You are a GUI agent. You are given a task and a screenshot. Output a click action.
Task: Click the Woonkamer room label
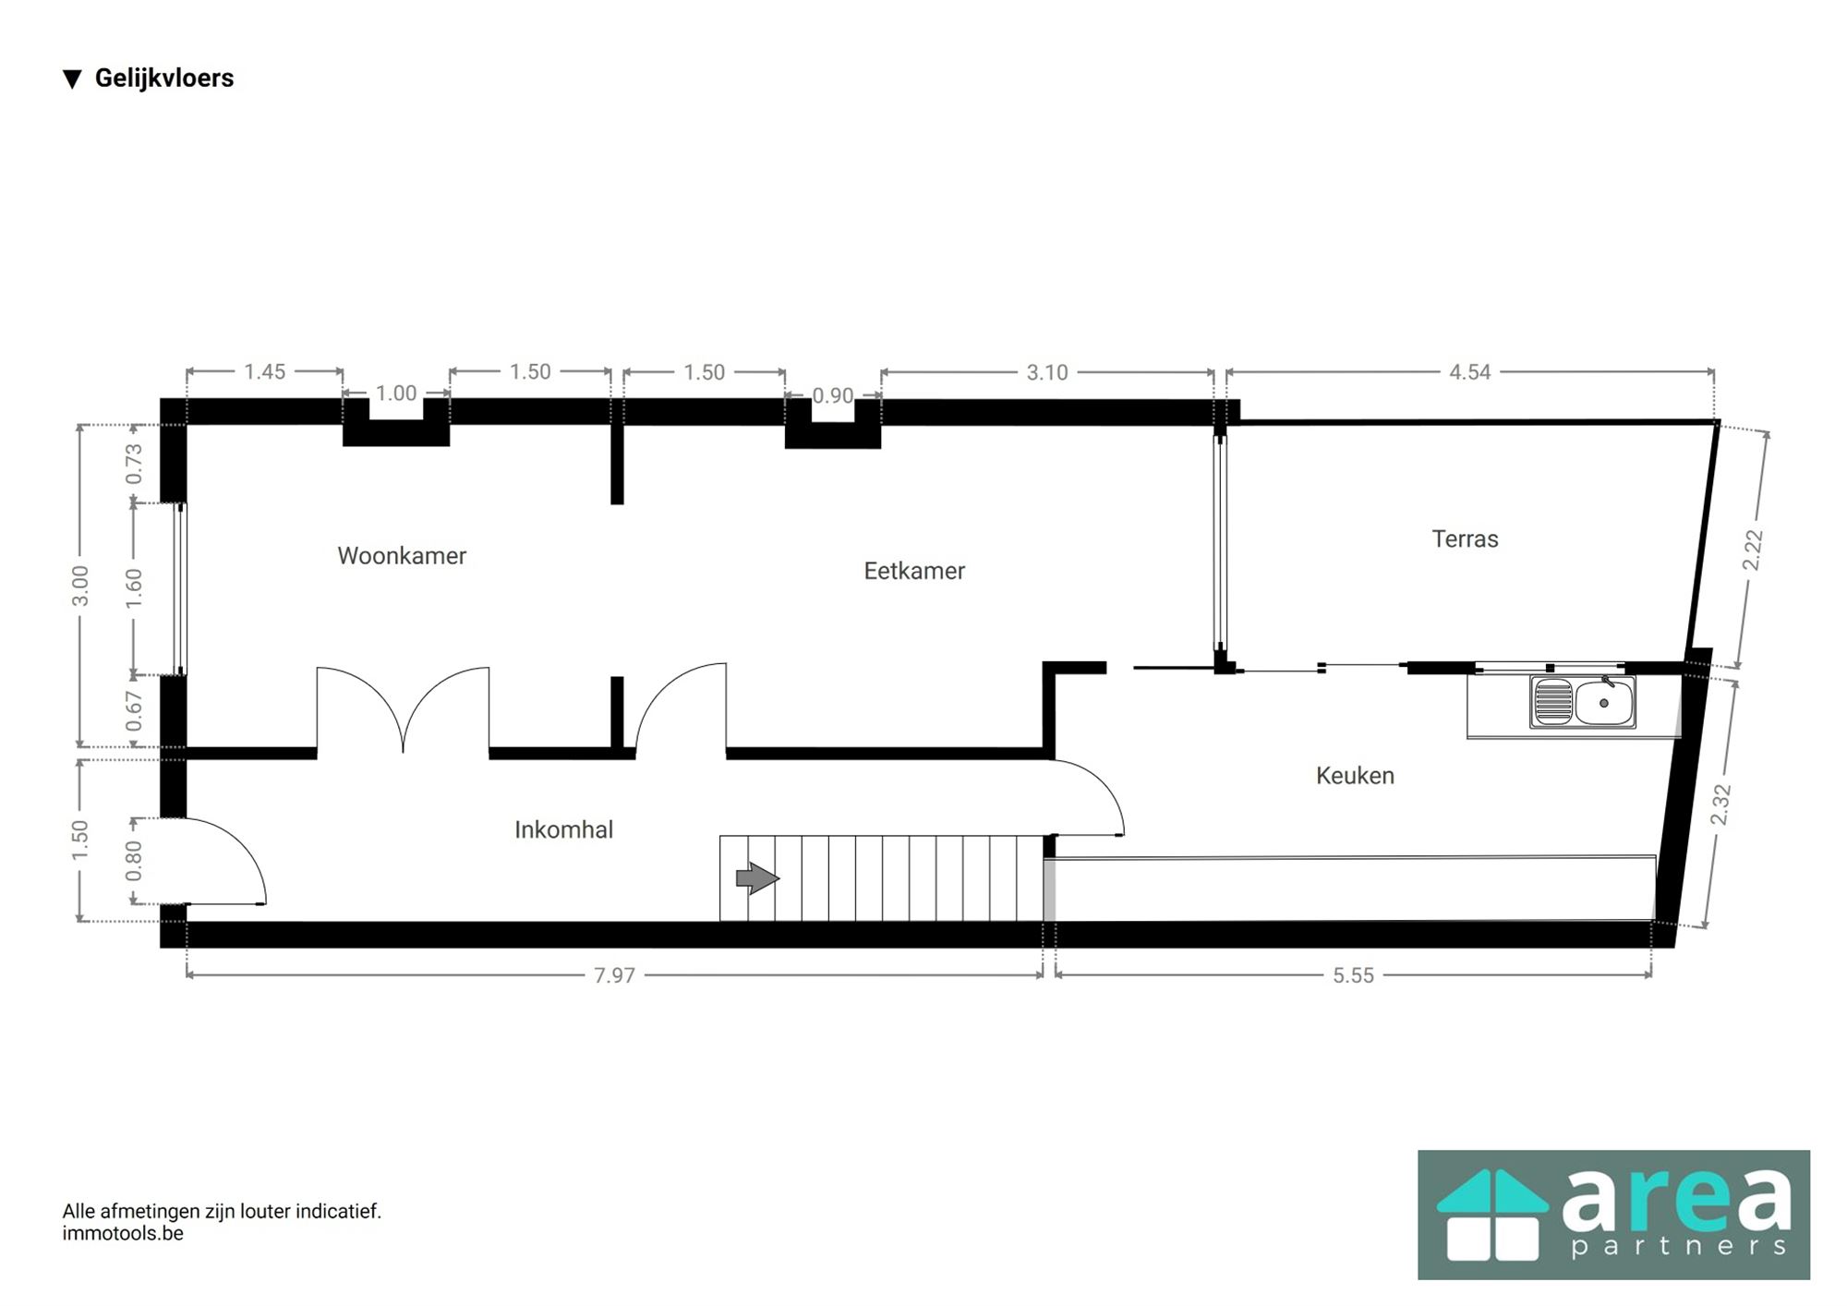[402, 555]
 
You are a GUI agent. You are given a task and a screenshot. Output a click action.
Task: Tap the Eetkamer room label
[914, 571]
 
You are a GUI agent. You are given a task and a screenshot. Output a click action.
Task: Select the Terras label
[1465, 538]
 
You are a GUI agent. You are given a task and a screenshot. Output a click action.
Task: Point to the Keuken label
[1355, 775]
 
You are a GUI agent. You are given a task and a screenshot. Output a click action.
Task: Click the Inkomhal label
[563, 829]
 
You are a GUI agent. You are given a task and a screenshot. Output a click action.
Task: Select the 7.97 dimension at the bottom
[614, 975]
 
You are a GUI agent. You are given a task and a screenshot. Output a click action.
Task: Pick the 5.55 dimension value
[1353, 975]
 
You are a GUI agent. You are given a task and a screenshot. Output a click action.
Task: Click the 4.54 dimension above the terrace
[1469, 372]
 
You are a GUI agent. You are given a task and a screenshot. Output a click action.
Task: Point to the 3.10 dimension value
[1046, 372]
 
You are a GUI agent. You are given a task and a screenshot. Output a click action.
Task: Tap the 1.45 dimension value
[264, 371]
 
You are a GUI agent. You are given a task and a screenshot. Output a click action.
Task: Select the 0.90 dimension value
[832, 395]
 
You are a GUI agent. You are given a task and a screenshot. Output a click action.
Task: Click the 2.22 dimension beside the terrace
[1753, 550]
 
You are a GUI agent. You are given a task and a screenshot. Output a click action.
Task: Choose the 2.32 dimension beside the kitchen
[1720, 804]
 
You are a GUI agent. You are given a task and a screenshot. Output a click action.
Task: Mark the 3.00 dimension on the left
[80, 586]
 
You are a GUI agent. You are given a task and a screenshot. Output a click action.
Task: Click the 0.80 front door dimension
[134, 860]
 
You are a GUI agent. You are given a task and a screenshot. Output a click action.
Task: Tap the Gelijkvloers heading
[163, 79]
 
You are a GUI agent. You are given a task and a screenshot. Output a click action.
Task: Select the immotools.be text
[123, 1233]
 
